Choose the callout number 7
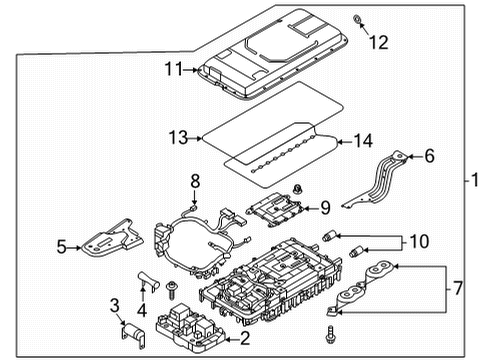[x=459, y=288]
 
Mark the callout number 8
[x=196, y=181]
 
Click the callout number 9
[x=324, y=208]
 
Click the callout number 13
[x=178, y=137]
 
